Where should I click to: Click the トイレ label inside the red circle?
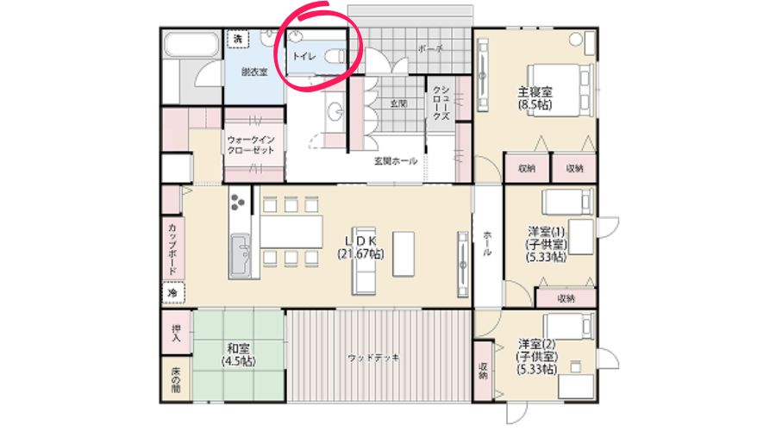pos(304,56)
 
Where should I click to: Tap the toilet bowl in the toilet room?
pos(335,56)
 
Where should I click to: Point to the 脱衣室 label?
pos(254,72)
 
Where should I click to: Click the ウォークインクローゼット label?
pos(251,144)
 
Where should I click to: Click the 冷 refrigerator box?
pos(172,293)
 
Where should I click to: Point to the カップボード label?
pos(172,247)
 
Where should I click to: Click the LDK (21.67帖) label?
pos(360,247)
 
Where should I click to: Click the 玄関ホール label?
pos(395,161)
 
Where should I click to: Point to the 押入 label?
pos(175,332)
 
